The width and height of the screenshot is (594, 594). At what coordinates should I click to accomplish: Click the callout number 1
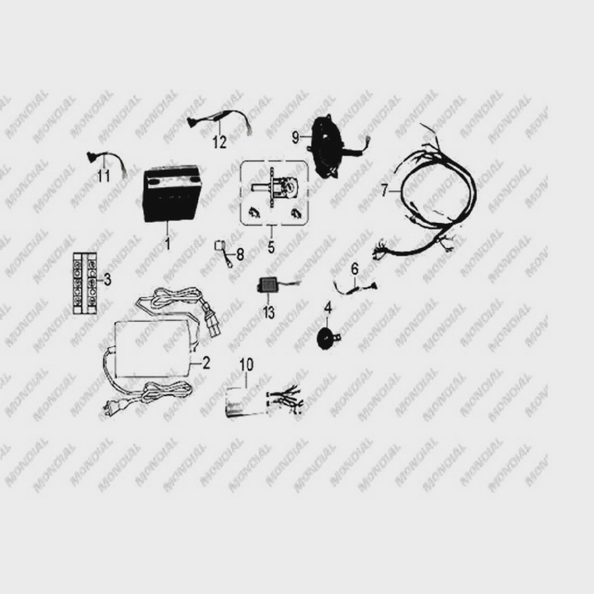[168, 243]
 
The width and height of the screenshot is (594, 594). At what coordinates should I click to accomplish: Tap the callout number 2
[206, 363]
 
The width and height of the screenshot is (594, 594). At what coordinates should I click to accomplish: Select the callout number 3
[108, 280]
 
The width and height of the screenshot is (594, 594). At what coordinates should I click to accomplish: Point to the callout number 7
[385, 190]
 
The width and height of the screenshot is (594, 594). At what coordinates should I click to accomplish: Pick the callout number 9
[296, 137]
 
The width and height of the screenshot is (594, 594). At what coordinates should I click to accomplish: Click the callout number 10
[247, 365]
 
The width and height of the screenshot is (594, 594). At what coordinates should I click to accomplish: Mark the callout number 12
[220, 142]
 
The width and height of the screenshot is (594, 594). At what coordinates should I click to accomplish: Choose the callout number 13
[268, 313]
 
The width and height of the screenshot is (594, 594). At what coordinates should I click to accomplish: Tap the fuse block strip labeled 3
[85, 283]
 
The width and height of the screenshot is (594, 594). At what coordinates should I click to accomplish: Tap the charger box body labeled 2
[153, 349]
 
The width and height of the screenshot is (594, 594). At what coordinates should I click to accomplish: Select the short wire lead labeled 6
[355, 288]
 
